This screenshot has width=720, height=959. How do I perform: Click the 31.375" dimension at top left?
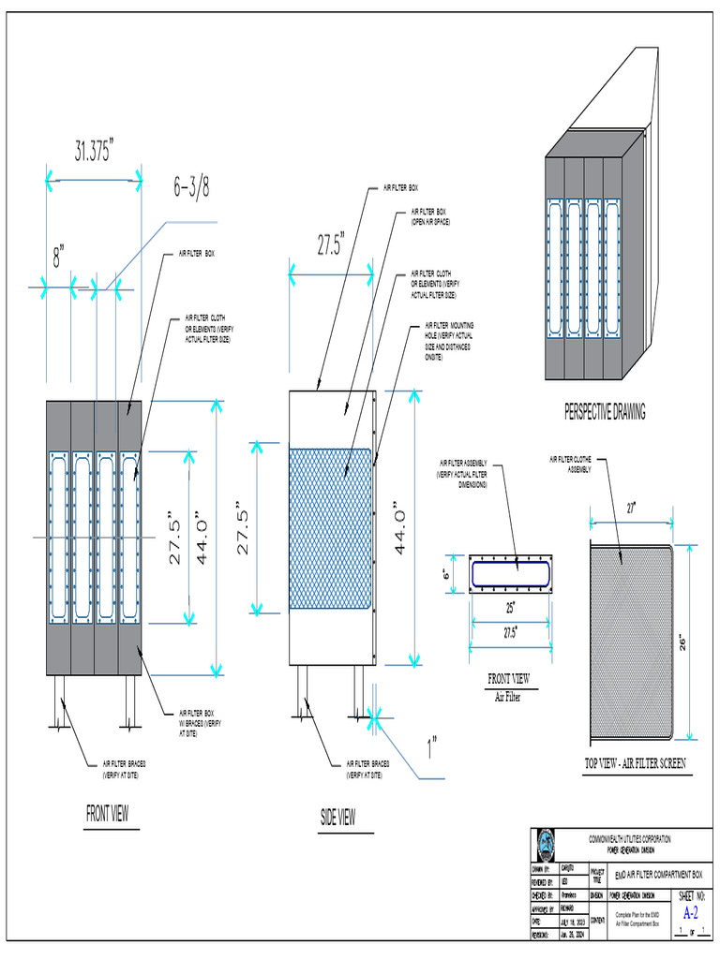94,151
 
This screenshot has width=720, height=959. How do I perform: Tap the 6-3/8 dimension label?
190,187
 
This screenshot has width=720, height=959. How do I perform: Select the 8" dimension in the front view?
58,257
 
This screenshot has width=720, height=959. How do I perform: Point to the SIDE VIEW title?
337,818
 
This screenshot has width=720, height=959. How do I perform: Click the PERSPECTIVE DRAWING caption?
605,411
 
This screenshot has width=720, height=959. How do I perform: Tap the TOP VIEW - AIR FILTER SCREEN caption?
634,764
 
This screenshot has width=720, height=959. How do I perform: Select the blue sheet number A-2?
690,912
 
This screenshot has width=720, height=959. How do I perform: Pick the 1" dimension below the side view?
432,747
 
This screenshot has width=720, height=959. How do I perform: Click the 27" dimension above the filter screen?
631,508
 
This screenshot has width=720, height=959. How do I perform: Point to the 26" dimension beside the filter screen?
683,642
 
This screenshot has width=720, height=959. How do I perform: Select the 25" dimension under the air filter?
510,608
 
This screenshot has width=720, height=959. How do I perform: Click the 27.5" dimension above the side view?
330,246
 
